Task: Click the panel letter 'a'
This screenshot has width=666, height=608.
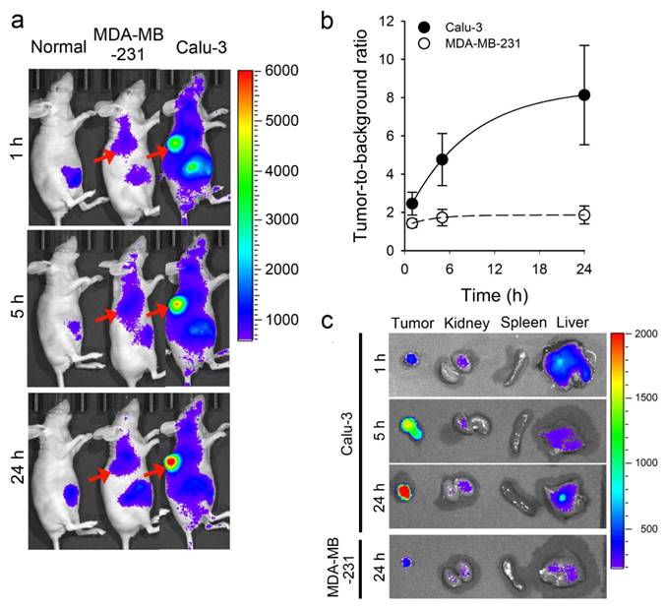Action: pyautogui.click(x=17, y=17)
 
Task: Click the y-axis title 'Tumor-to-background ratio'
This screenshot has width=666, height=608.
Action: pyautogui.click(x=360, y=132)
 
